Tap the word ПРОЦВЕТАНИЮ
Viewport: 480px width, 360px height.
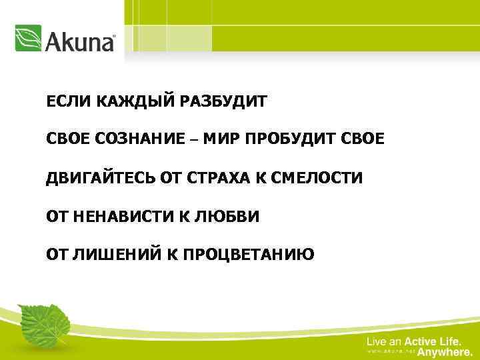tap(249, 254)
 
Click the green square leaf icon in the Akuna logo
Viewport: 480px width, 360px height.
tap(29, 39)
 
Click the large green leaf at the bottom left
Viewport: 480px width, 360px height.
tap(43, 324)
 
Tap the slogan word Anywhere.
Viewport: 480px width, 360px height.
tap(445, 351)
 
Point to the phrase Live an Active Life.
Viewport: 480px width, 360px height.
tap(413, 341)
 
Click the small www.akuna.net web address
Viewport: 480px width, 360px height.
tap(390, 351)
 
